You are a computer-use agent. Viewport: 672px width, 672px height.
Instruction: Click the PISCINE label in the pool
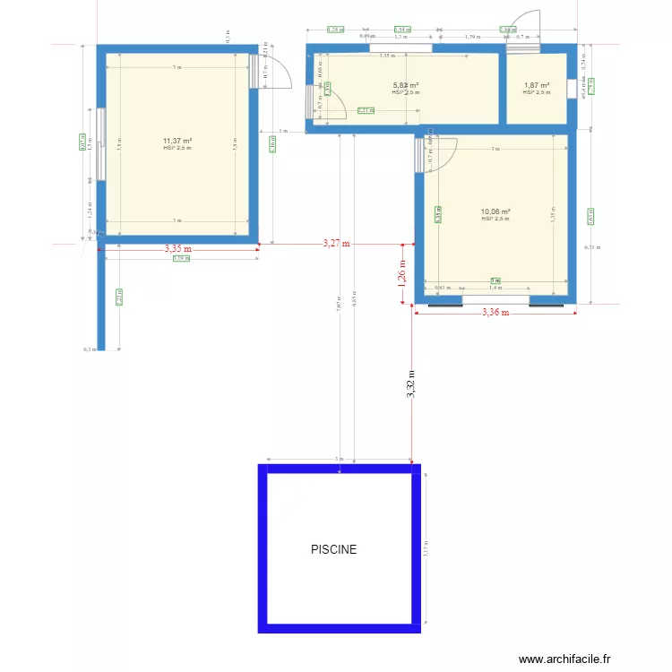coord(333,549)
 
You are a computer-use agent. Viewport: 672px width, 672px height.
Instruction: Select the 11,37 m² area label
coord(177,141)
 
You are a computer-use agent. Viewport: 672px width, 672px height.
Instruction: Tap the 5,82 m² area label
coord(406,86)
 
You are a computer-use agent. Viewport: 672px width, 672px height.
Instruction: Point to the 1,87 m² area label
coord(537,86)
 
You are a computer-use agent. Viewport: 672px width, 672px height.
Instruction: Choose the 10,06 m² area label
coord(495,212)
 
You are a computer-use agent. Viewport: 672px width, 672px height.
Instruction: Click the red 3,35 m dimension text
coord(177,249)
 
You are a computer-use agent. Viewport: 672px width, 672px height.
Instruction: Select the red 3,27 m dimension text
coord(336,243)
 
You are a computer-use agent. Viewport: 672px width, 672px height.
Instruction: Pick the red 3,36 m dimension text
coord(495,313)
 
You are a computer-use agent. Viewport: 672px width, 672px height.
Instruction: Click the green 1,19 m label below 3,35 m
coord(180,259)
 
